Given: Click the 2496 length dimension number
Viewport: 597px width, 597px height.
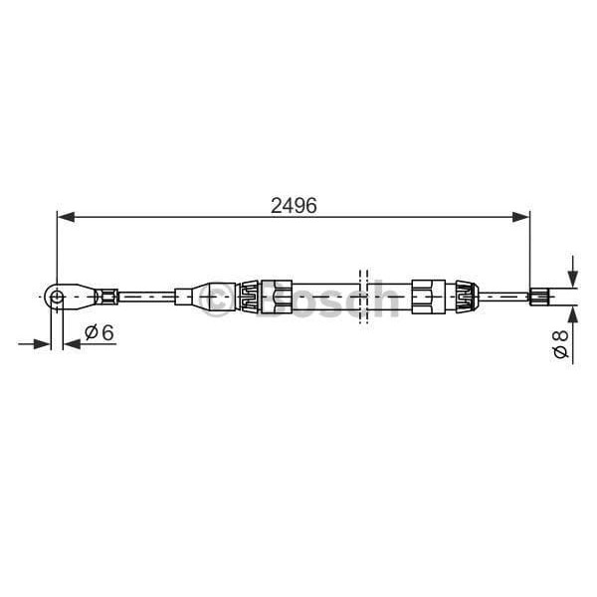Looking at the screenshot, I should pos(294,207).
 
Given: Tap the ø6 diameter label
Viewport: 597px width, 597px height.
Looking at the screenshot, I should pos(97,333).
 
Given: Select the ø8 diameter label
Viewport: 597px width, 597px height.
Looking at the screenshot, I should pos(560,346).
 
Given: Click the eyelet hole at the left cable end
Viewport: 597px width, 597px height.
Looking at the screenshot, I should pos(58,295).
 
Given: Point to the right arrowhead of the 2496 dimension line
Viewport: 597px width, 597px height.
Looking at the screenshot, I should pos(520,215).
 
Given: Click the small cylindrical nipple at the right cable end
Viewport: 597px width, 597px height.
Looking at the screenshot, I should pos(539,295).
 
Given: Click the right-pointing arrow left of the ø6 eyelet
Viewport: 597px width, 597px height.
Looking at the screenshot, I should pos(43,344).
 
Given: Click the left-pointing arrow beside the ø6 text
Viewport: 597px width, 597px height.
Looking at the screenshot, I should pos(72,344).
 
